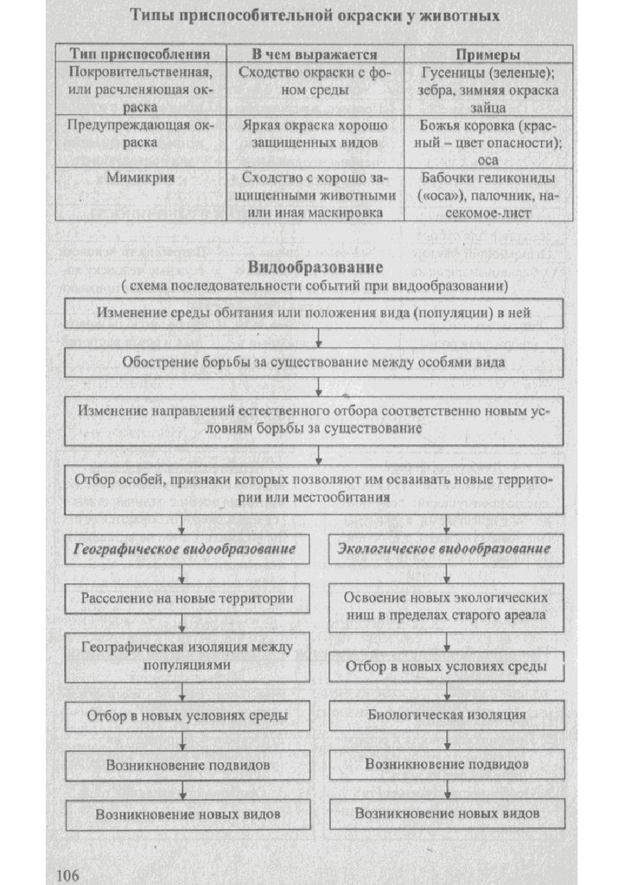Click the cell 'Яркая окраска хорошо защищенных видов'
click(313, 134)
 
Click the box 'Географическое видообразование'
click(185, 550)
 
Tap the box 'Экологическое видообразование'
click(446, 550)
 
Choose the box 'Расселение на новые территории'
click(187, 598)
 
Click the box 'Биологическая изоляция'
click(446, 716)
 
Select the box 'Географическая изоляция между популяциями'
click(187, 656)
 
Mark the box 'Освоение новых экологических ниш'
click(446, 607)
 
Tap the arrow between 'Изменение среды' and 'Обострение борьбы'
click(320, 336)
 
